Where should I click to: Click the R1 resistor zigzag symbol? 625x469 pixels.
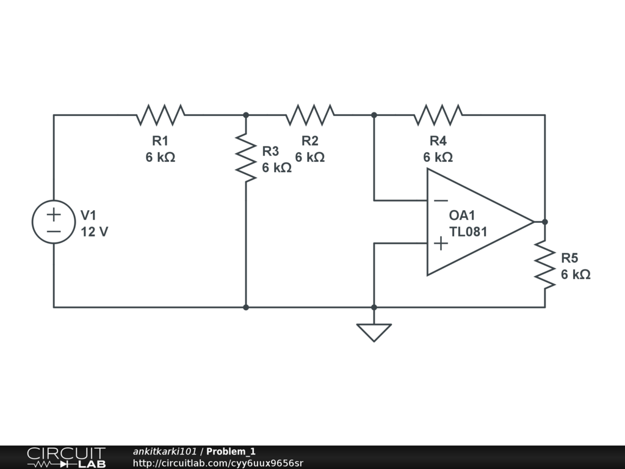(161, 115)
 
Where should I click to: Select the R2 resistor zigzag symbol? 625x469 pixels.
(310, 115)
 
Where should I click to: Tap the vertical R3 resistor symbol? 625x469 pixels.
(246, 158)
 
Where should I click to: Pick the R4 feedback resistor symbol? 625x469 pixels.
(438, 115)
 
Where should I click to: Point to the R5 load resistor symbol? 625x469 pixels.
(545, 264)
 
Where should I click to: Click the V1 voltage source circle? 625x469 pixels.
(54, 222)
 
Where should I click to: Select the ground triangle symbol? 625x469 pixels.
(374, 333)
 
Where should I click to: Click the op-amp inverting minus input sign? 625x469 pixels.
(441, 200)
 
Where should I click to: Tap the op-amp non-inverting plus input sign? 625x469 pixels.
(441, 243)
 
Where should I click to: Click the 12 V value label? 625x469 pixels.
(95, 231)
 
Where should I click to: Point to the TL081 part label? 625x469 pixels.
(468, 231)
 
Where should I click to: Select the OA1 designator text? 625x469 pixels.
(462, 216)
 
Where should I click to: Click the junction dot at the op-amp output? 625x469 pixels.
(545, 222)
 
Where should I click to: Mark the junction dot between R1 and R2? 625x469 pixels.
(246, 115)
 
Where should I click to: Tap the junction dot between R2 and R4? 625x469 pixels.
(374, 115)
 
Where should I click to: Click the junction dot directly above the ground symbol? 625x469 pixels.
(374, 307)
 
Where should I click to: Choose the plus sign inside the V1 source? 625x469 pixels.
(54, 215)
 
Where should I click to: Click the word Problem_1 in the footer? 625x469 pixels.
(231, 451)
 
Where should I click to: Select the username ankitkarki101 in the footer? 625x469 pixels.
(165, 451)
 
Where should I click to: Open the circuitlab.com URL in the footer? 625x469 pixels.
(218, 463)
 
